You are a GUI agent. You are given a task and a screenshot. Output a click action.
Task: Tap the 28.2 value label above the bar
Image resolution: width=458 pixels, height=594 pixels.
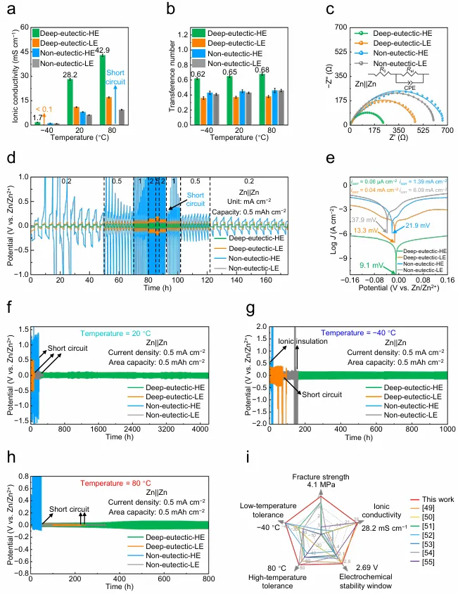[70, 74]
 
